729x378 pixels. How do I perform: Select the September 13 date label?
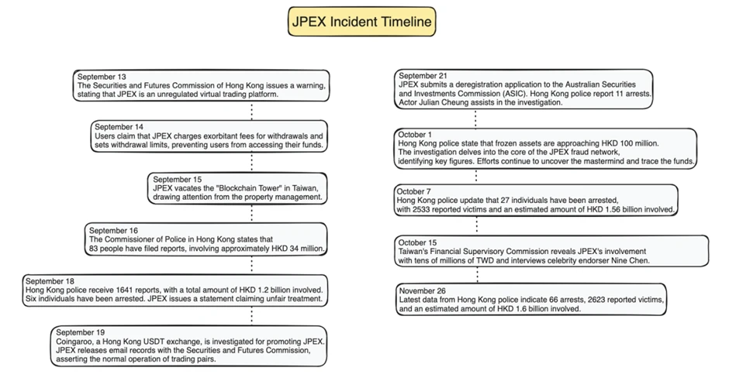(102, 77)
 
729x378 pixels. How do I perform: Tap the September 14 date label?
(119, 126)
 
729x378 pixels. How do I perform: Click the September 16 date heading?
(113, 230)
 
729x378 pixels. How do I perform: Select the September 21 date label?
(422, 75)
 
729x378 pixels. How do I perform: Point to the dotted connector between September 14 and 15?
(251, 161)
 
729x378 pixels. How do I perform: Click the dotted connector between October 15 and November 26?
(475, 274)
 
